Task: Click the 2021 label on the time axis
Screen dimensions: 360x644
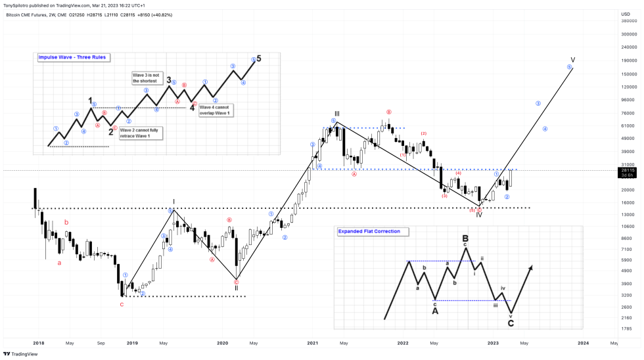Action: click(312, 343)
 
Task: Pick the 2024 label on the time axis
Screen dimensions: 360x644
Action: click(582, 343)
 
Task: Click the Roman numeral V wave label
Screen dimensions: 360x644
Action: click(572, 60)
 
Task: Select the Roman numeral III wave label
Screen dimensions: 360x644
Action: click(336, 114)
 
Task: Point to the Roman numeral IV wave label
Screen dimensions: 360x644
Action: click(479, 215)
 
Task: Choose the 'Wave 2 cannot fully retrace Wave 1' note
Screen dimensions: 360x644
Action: click(139, 133)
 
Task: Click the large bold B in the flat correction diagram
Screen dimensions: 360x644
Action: click(465, 238)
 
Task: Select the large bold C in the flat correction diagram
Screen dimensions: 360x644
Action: click(511, 323)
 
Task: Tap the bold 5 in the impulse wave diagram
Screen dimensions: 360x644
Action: click(259, 58)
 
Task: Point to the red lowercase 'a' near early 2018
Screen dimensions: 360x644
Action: click(60, 263)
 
